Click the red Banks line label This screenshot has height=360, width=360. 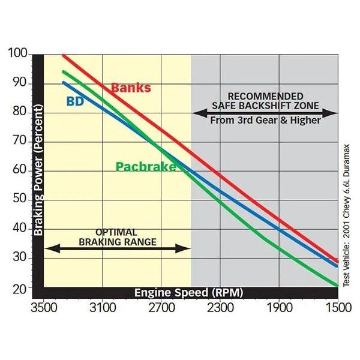point(131,88)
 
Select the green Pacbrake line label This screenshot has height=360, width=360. point(146,166)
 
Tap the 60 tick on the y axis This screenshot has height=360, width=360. point(20,170)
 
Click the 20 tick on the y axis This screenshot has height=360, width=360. point(20,287)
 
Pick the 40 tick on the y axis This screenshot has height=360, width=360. point(20,229)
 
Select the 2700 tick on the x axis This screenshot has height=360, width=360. point(161,308)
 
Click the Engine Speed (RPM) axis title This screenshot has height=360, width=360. point(188,292)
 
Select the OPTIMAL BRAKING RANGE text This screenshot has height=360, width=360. point(118,236)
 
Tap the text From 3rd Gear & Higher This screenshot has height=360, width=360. point(265,119)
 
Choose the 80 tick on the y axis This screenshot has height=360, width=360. point(20,112)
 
